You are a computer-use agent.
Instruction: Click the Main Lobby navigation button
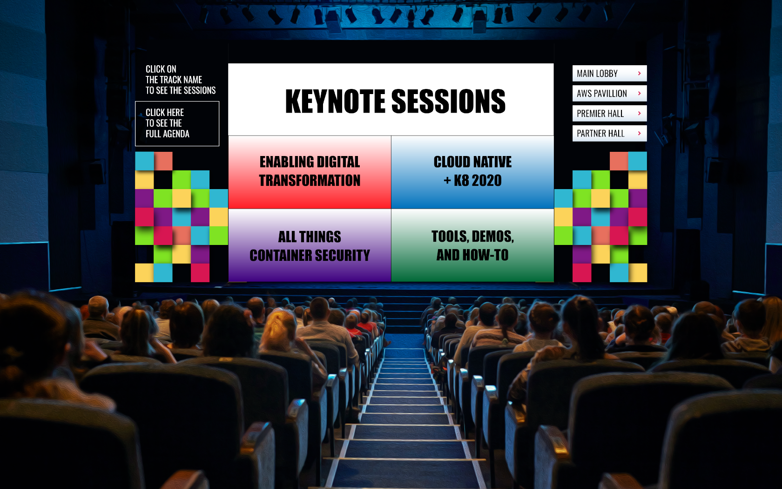(x=610, y=74)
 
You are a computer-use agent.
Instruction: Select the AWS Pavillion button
(x=610, y=93)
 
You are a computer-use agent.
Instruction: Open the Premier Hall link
(x=610, y=114)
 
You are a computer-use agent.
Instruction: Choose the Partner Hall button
(x=610, y=133)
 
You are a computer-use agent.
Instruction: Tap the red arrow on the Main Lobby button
(x=640, y=74)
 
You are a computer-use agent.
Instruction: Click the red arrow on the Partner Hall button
(x=640, y=133)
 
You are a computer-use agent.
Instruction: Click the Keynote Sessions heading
(x=395, y=102)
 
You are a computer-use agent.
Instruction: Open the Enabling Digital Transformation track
(x=310, y=172)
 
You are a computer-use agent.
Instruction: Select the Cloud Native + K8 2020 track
(x=472, y=172)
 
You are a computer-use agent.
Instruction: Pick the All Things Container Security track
(x=310, y=245)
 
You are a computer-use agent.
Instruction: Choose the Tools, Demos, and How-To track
(x=472, y=245)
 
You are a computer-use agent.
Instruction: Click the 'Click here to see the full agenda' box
(x=177, y=124)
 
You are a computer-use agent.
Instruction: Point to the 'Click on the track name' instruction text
(x=181, y=80)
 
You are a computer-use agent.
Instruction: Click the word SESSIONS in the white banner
(x=448, y=102)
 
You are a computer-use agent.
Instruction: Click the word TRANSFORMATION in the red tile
(x=310, y=181)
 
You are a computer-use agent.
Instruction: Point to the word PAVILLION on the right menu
(x=610, y=94)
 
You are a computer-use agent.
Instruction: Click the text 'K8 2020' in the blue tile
(x=478, y=181)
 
